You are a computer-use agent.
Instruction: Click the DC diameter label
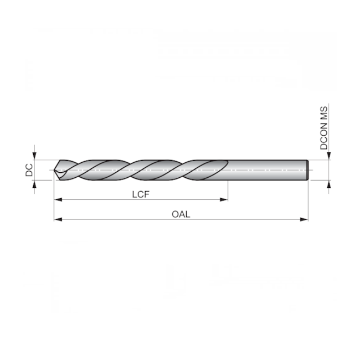tap(29, 170)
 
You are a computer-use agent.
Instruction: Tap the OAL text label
tap(181, 214)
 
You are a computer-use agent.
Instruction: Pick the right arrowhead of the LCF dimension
tap(224, 199)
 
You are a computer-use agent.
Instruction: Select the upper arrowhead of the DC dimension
tap(35, 156)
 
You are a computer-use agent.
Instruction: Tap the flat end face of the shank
tap(307, 169)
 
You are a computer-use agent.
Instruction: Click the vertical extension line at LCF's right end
tap(228, 191)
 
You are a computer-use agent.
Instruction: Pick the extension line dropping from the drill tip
tap(54, 199)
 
